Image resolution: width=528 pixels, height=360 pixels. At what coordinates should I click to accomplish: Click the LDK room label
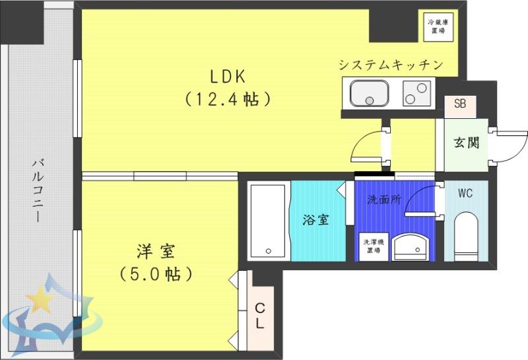tap(228, 77)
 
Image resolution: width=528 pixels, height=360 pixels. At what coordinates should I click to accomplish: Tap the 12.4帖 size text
tap(228, 99)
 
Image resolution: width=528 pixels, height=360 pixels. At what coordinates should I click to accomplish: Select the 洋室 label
tap(156, 252)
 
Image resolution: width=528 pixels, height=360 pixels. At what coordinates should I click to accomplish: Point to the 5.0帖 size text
tap(156, 274)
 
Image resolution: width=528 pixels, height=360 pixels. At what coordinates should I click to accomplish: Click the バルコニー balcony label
tap(38, 190)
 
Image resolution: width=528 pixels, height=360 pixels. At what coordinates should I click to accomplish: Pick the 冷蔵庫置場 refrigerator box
tap(438, 27)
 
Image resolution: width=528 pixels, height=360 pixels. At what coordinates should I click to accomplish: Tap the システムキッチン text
tap(391, 64)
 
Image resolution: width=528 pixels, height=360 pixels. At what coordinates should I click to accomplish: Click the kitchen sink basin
tap(370, 92)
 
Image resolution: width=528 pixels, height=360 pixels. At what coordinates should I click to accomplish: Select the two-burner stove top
tap(416, 93)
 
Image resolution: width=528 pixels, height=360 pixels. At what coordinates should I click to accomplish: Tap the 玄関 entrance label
tap(467, 143)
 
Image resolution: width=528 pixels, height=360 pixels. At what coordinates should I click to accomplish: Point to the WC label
tap(465, 193)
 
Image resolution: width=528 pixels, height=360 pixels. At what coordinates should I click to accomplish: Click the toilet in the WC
tap(466, 236)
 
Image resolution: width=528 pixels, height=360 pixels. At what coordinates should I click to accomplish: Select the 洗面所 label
tap(384, 199)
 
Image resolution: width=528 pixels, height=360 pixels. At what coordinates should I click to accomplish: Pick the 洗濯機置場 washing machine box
tap(374, 247)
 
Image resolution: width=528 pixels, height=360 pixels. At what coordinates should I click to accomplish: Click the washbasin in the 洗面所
tap(411, 248)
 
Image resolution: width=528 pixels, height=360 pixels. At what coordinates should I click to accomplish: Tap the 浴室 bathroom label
tap(315, 220)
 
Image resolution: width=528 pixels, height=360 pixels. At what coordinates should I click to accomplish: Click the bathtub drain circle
tap(269, 251)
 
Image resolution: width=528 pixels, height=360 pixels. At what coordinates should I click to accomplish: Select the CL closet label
tap(259, 316)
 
